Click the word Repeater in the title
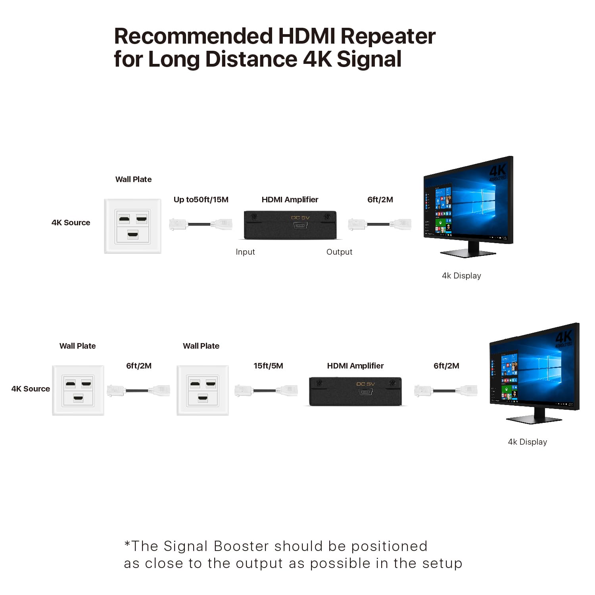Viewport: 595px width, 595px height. [388, 36]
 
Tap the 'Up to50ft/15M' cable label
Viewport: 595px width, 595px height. [201, 200]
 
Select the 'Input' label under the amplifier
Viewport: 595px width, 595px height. [245, 252]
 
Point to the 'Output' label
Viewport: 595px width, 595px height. [339, 252]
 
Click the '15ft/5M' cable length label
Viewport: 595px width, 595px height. [268, 366]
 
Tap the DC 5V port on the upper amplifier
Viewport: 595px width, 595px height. [300, 225]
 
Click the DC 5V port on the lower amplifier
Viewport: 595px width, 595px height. [365, 392]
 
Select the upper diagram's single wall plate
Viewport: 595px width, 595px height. [132, 226]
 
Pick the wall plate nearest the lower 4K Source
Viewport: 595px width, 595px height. [78, 390]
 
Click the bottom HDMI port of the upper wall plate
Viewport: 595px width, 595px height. [132, 234]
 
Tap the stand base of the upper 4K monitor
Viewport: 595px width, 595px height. [468, 253]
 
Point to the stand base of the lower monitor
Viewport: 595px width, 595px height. [534, 419]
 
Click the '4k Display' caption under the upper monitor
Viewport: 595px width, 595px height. [461, 276]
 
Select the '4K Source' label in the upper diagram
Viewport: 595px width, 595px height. [71, 223]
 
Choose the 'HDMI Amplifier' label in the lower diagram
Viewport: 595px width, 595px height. [355, 366]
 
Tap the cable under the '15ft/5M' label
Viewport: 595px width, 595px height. [266, 391]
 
